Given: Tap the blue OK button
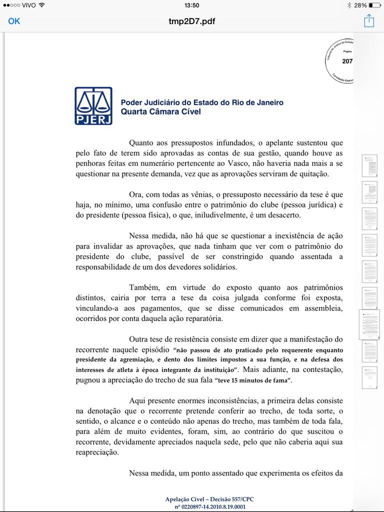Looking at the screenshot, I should [14, 21].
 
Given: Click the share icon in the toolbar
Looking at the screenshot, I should [369, 21].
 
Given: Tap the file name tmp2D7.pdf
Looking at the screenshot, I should [192, 21].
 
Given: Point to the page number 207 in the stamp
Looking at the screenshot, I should [347, 61].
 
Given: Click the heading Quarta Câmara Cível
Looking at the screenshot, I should [160, 111].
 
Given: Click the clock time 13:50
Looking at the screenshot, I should [192, 5].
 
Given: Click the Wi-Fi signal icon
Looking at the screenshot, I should [41, 5].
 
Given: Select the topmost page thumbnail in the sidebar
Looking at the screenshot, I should [369, 165].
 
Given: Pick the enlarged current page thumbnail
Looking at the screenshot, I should [369, 324].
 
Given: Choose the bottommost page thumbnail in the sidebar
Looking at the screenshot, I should [369, 377].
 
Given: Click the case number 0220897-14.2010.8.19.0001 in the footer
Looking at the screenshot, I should [210, 506].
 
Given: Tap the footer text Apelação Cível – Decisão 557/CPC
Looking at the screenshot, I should [212, 499].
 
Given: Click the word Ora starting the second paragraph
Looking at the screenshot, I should [136, 194].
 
